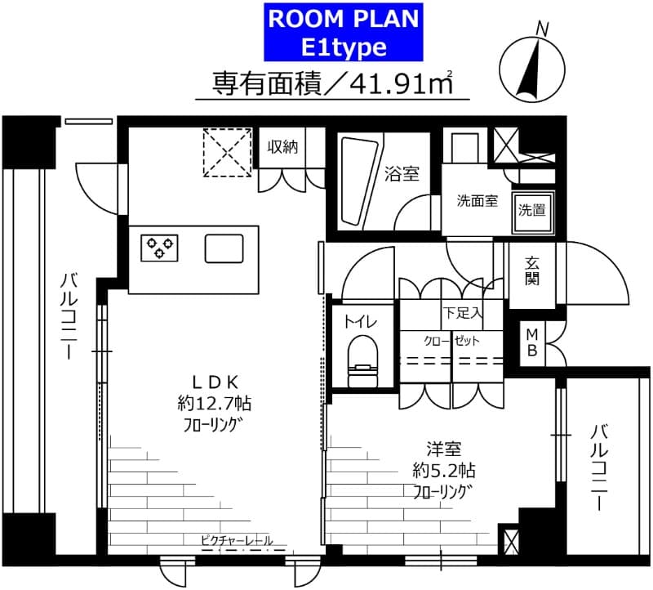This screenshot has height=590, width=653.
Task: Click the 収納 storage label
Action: click(283, 147)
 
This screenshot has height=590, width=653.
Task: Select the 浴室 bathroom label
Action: click(402, 173)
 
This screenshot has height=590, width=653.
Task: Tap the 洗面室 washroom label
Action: click(477, 202)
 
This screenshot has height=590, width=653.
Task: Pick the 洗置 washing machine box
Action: click(531, 209)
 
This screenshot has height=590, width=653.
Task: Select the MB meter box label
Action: click(531, 343)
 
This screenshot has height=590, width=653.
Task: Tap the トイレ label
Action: click(360, 321)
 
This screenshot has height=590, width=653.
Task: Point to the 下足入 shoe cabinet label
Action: click(463, 312)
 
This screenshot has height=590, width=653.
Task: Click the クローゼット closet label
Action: click(451, 341)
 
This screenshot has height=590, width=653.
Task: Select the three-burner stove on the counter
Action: click(160, 248)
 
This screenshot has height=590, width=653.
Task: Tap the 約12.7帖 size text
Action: click(214, 402)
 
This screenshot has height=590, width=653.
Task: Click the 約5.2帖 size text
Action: click(443, 470)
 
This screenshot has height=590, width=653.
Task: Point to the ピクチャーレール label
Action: click(236, 540)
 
